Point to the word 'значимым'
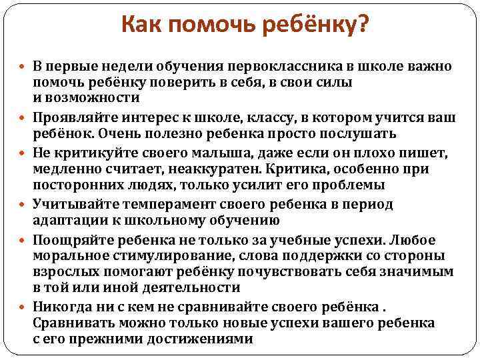[x=420, y=272]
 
